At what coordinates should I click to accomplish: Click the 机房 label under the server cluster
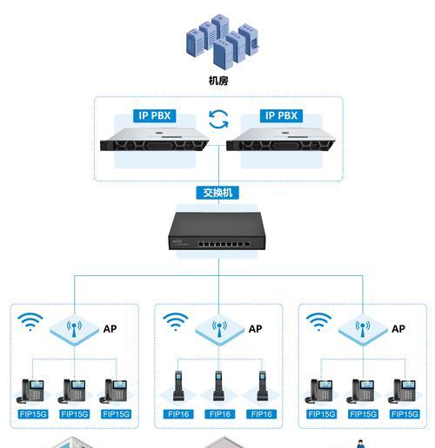(218, 81)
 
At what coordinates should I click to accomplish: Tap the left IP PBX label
(154, 115)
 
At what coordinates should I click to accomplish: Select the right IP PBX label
(281, 115)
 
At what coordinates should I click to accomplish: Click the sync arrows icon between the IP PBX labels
(218, 119)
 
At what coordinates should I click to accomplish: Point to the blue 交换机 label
(217, 193)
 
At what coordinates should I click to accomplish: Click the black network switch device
(217, 231)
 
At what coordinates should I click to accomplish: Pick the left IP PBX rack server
(154, 140)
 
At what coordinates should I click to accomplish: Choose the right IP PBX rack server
(281, 140)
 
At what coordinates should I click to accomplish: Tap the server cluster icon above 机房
(222, 41)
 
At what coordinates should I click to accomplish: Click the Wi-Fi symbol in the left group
(30, 322)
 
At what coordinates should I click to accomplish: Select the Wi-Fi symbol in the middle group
(176, 322)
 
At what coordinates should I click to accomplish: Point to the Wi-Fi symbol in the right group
(318, 322)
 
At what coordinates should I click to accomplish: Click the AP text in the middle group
(255, 329)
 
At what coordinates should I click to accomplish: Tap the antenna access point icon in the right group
(363, 330)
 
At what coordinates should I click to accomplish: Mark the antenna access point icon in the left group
(74, 330)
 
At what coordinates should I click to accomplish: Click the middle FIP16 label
(219, 414)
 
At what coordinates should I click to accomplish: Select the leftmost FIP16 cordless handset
(178, 385)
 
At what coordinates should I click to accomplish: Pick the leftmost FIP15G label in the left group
(33, 414)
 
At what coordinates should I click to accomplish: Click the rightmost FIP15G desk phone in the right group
(404, 391)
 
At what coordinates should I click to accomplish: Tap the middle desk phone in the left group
(73, 391)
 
